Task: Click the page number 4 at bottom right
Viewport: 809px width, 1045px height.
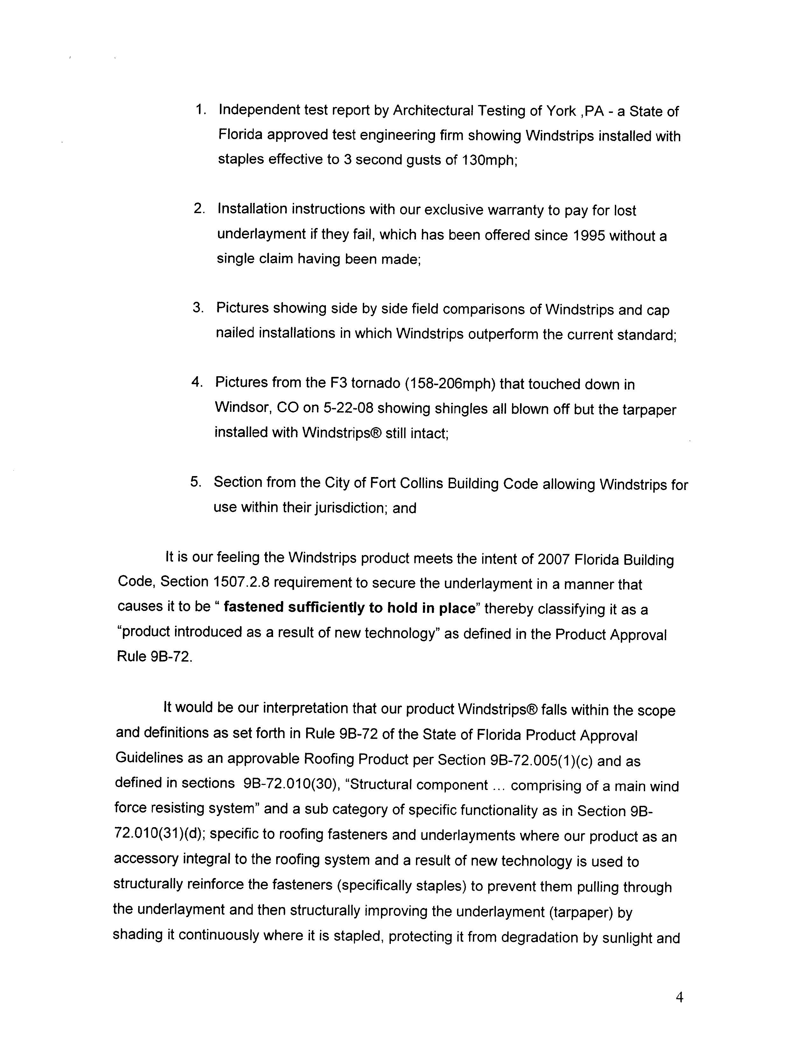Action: tap(679, 998)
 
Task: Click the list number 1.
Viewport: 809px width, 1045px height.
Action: tap(200, 110)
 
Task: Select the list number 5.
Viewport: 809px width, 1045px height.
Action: tap(196, 481)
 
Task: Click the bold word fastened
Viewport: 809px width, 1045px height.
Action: tap(254, 607)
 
